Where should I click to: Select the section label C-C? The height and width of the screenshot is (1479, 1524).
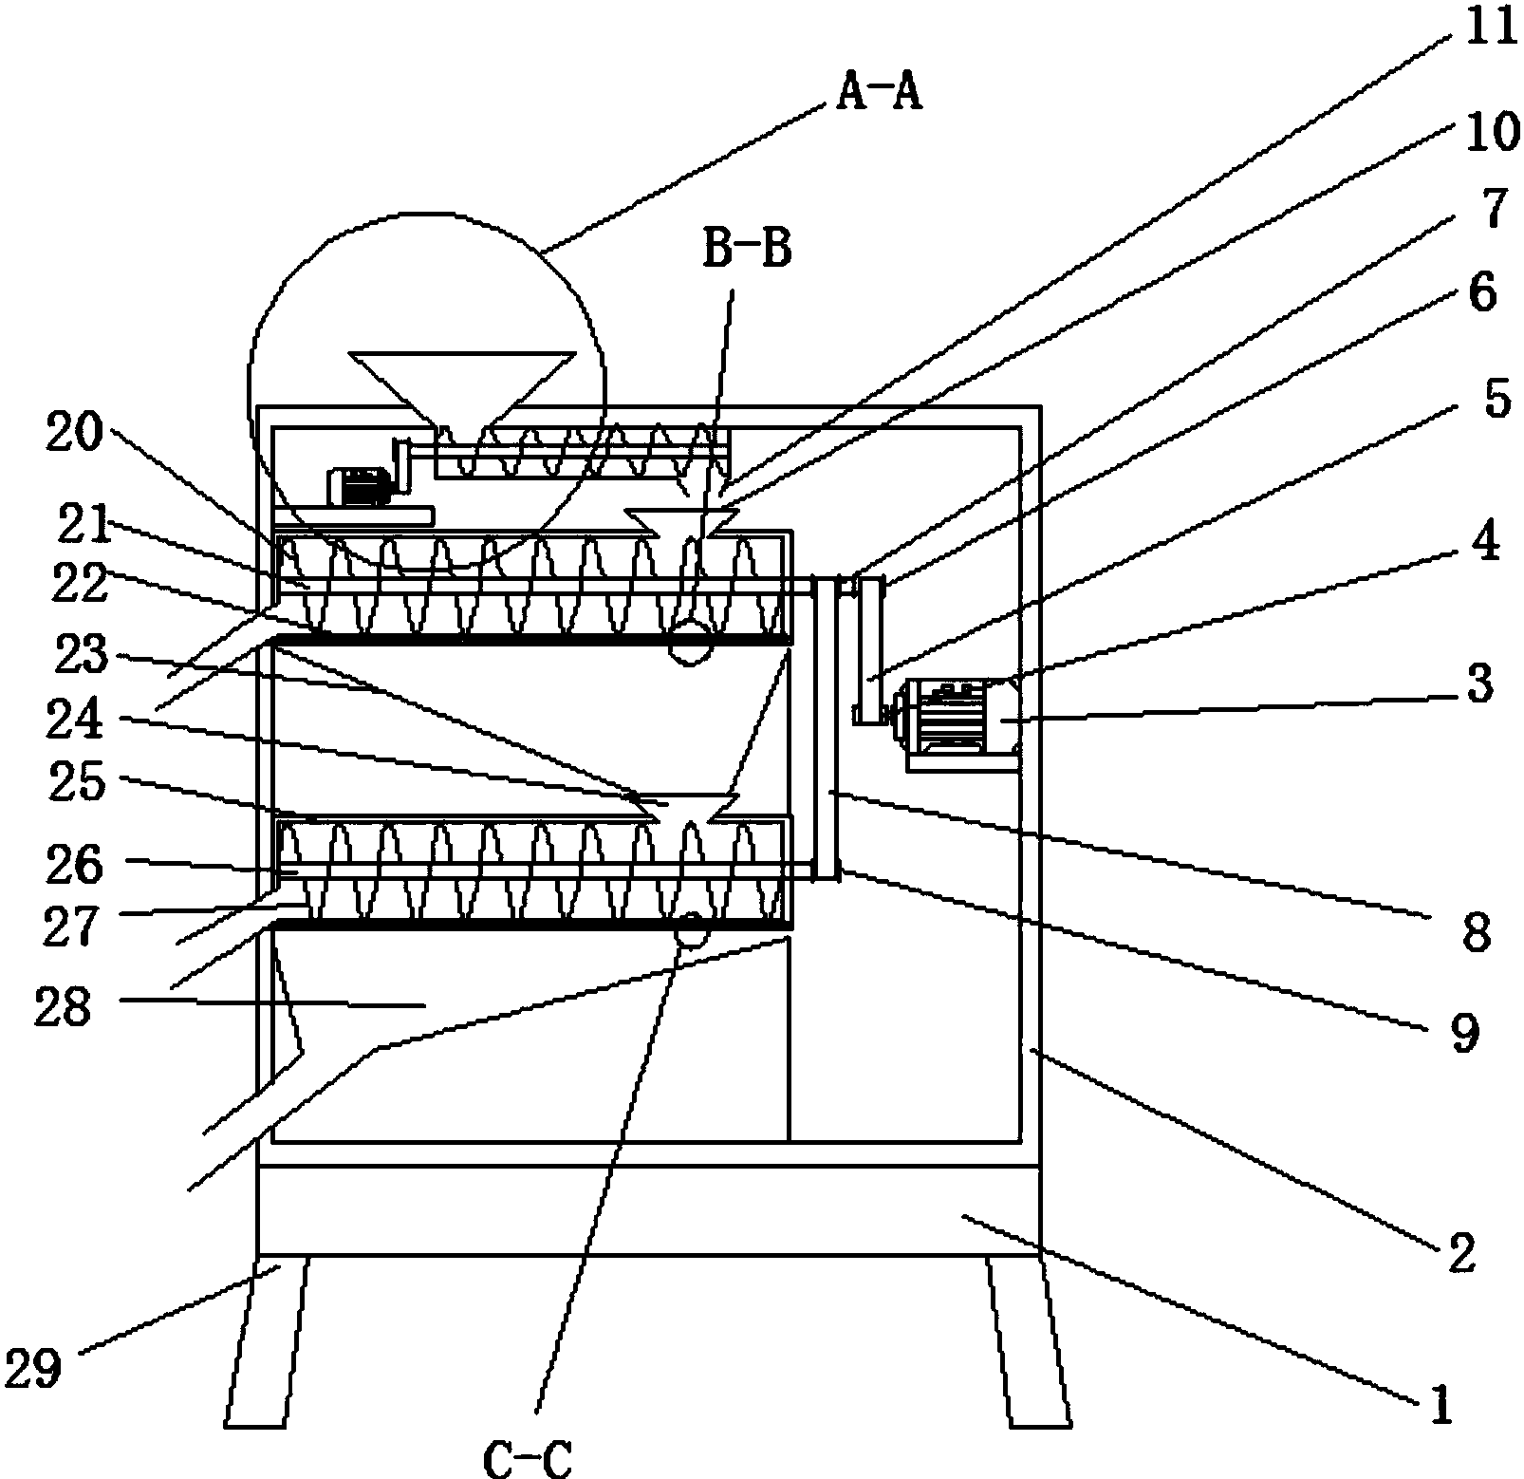(x=528, y=1455)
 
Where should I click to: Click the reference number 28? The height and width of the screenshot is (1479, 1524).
(x=64, y=1008)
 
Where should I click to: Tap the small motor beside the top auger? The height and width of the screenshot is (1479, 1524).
(x=359, y=487)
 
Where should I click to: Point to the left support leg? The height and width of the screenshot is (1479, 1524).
(x=269, y=1342)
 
